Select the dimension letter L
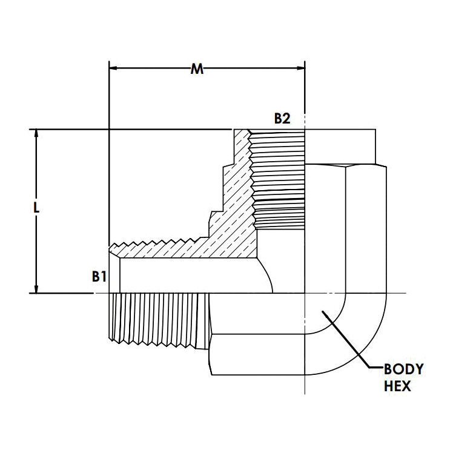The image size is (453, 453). pyautogui.click(x=37, y=207)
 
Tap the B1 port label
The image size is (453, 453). pyautogui.click(x=99, y=277)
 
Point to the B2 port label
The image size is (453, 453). pyautogui.click(x=282, y=119)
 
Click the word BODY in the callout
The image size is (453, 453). pyautogui.click(x=404, y=369)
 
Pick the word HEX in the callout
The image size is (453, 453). pyautogui.click(x=397, y=385)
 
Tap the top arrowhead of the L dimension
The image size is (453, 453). pyautogui.click(x=37, y=134)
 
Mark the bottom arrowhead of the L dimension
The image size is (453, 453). pyautogui.click(x=37, y=288)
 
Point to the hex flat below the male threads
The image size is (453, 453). pyautogui.click(x=254, y=354)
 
